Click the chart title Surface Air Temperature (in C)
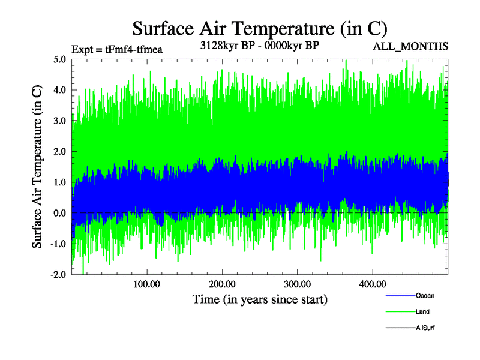[260, 28]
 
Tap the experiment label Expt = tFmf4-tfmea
[117, 49]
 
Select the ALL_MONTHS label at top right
[410, 46]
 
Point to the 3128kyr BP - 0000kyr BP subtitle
[259, 46]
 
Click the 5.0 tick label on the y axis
[59, 59]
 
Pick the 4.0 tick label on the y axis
[59, 90]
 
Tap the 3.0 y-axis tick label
[59, 121]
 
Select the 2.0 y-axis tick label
[59, 152]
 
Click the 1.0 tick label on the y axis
[59, 182]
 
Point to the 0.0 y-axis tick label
[59, 213]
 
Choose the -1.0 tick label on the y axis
[58, 244]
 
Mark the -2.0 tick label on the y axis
[58, 274]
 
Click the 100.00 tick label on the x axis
[146, 284]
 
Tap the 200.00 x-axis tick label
[221, 284]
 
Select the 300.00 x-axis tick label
[296, 284]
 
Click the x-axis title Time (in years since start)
[260, 299]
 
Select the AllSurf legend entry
[425, 328]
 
